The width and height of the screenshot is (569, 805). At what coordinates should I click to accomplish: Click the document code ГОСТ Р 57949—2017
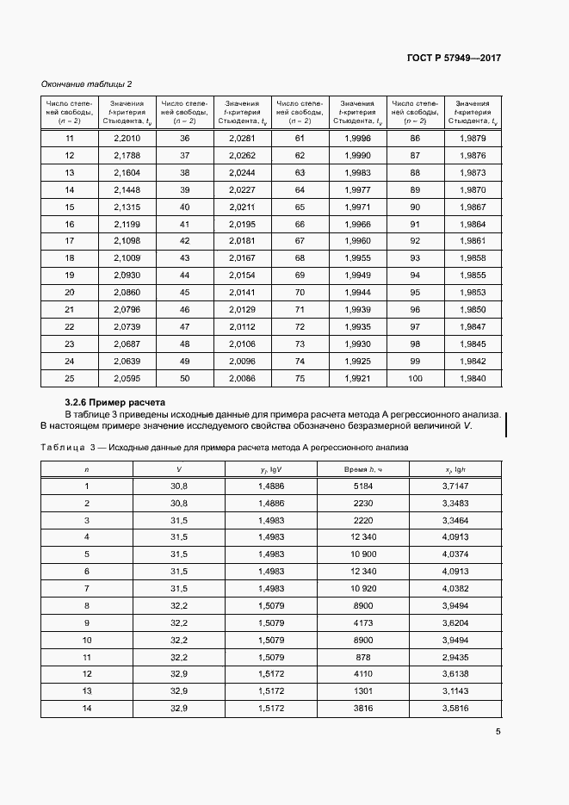click(x=454, y=59)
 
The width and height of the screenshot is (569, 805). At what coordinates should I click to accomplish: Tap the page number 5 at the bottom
click(x=498, y=733)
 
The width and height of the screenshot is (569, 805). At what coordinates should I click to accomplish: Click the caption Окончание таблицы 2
click(x=87, y=84)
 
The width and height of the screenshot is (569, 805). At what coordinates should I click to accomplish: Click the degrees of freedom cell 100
click(x=415, y=378)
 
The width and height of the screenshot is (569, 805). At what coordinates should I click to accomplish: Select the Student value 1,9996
click(x=357, y=139)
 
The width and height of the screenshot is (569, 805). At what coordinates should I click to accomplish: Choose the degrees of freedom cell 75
click(x=300, y=378)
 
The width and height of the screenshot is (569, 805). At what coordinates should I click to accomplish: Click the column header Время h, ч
click(x=362, y=469)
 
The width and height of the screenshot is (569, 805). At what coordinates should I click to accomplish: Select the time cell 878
click(x=362, y=657)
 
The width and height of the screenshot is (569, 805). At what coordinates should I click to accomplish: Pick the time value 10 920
click(x=362, y=588)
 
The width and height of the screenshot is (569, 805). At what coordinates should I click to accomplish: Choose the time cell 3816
click(x=362, y=708)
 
